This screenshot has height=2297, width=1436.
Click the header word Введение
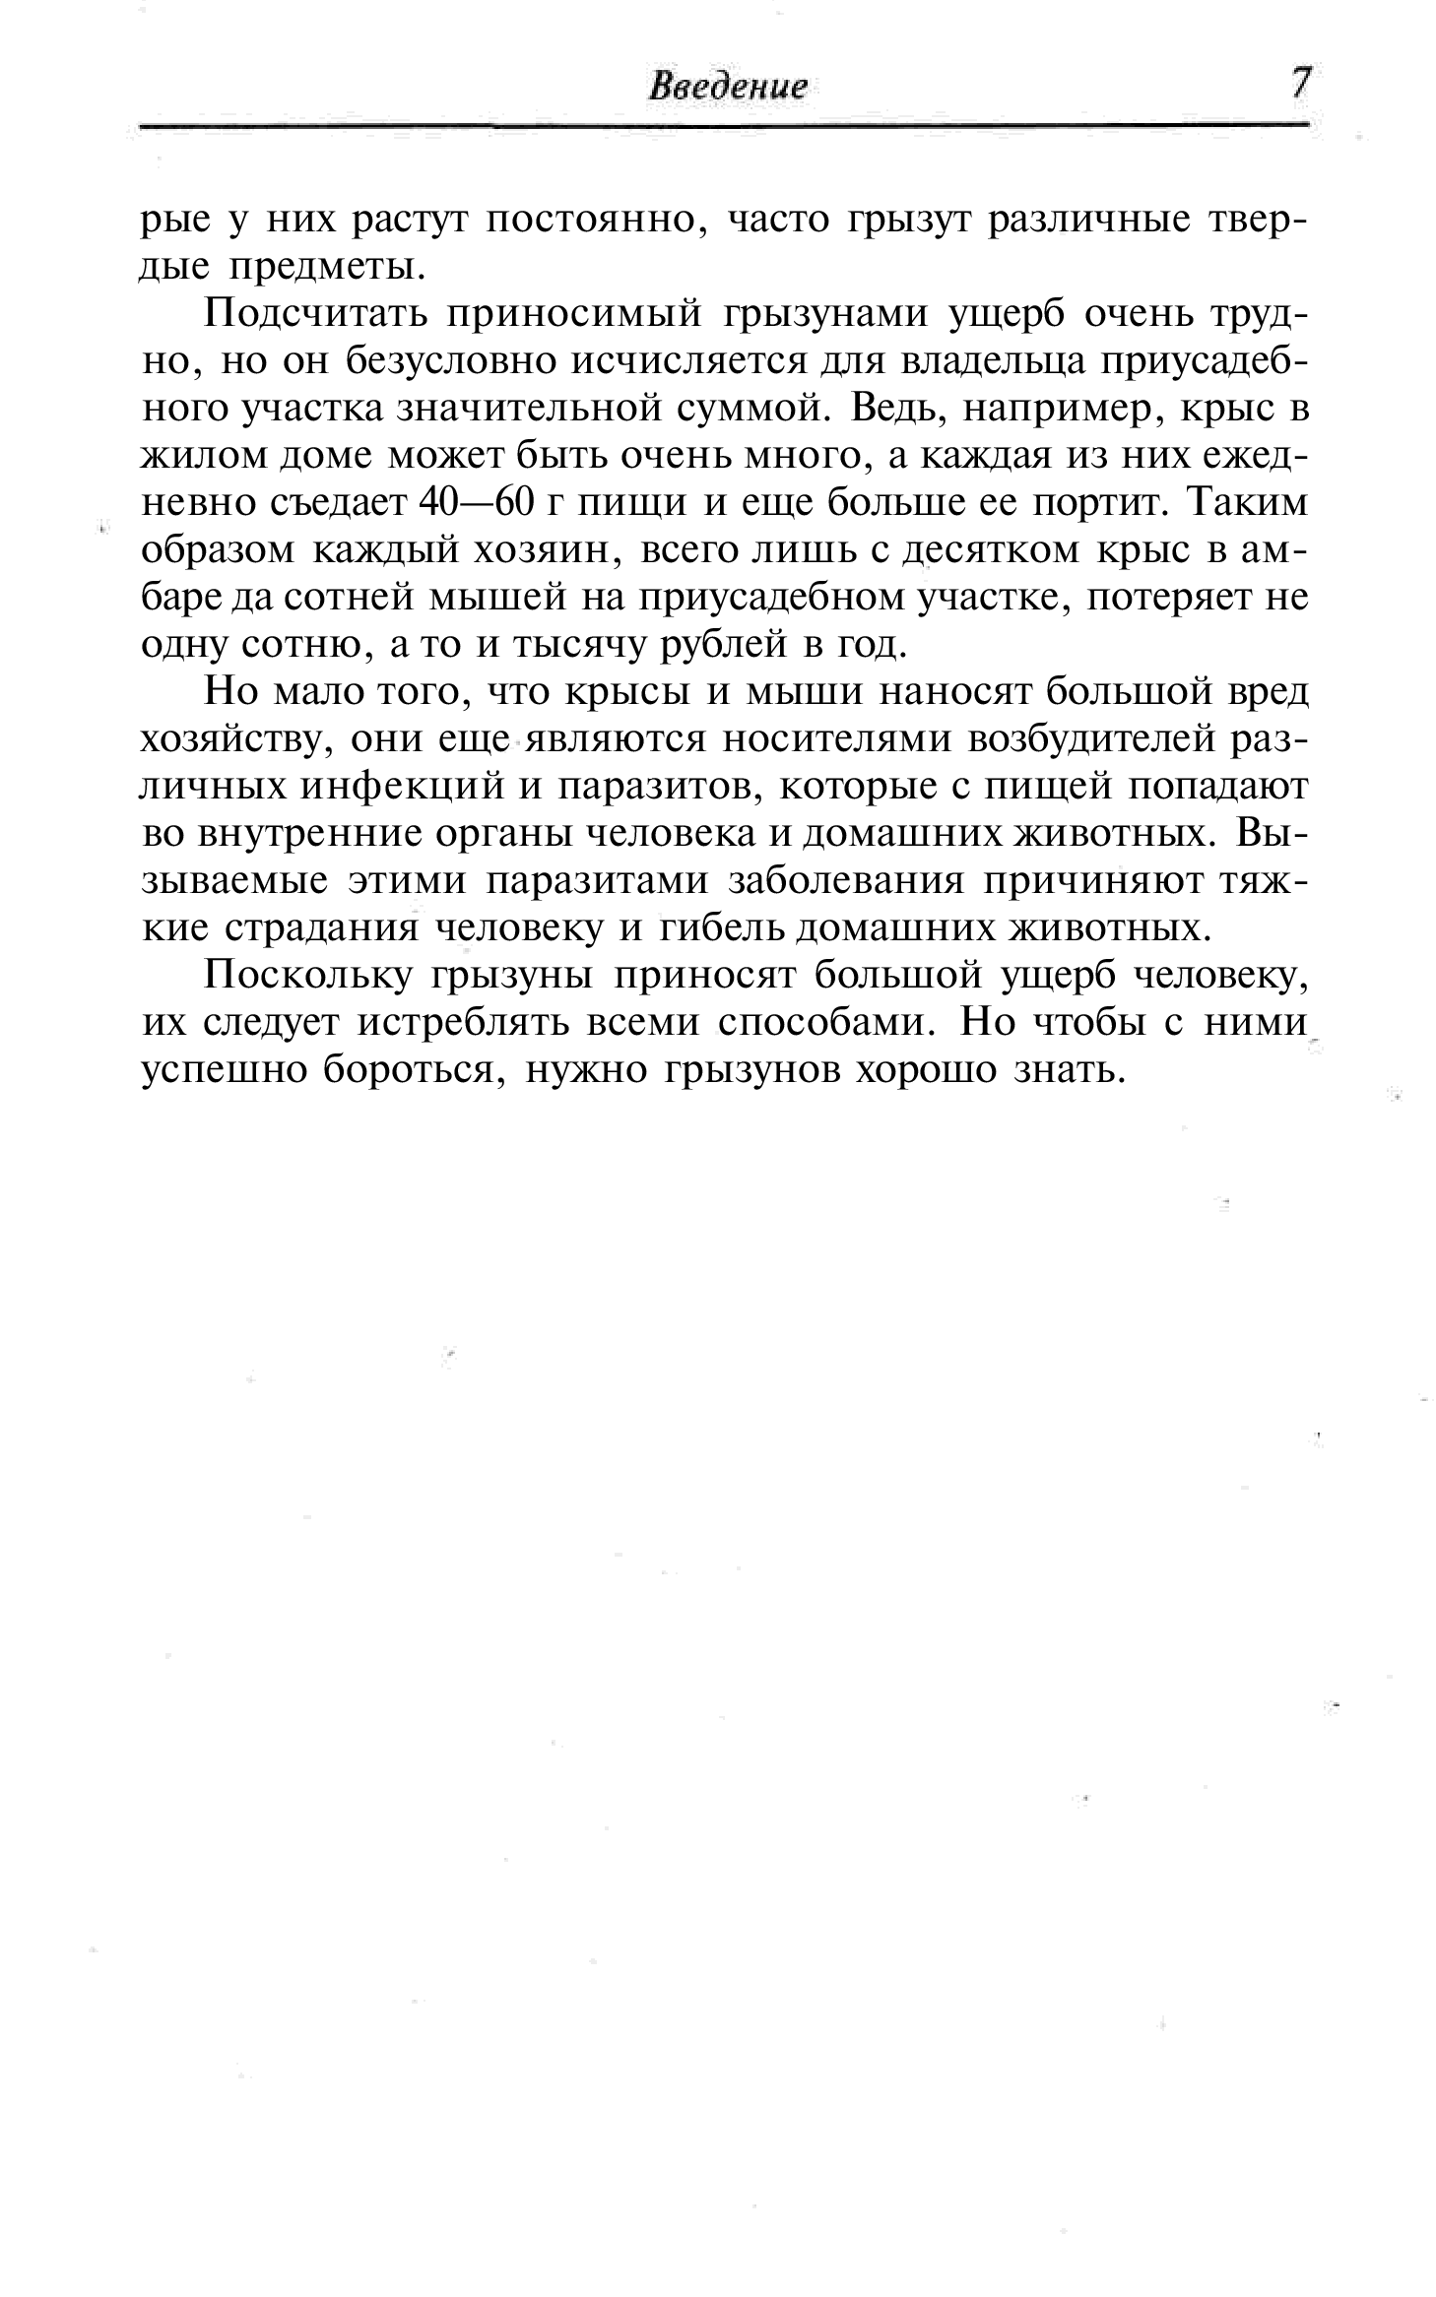728,87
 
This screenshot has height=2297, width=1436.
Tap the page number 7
1301,83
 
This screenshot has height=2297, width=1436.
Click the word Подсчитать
313,315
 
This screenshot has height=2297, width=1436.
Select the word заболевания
844,880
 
